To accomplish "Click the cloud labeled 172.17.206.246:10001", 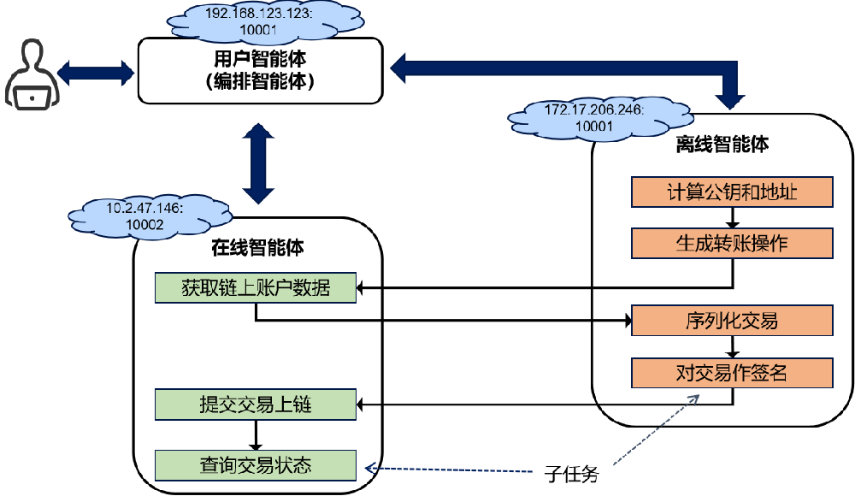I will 594,117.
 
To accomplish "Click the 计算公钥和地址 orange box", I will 732,192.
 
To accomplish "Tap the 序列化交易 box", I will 732,321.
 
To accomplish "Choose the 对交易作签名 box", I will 732,372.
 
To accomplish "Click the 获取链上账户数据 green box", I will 255,287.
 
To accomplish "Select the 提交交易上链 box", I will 255,403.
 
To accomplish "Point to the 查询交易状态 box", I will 255,466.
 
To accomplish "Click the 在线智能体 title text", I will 257,249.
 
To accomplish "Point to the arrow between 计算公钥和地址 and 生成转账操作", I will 733,217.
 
